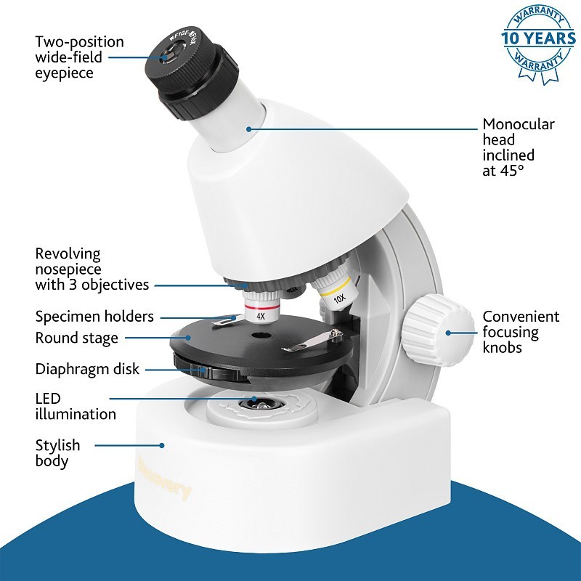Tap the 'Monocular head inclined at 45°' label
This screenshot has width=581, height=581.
[x=518, y=147]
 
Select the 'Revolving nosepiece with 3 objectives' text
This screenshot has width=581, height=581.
[x=92, y=269]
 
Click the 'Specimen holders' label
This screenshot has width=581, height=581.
[x=94, y=317]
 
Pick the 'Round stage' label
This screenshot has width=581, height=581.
[x=76, y=338]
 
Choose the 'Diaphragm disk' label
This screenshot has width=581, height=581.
[x=87, y=369]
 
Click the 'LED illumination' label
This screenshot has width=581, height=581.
[x=75, y=407]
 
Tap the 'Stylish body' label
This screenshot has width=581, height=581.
[x=57, y=452]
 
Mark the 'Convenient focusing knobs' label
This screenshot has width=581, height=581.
[x=521, y=333]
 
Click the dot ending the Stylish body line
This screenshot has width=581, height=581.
[x=163, y=445]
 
